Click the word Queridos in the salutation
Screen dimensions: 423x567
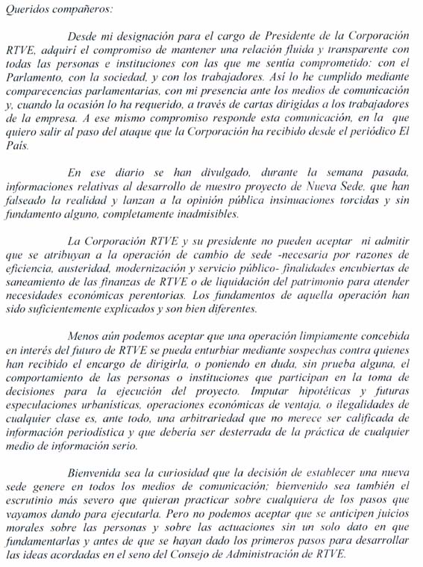[25, 10]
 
